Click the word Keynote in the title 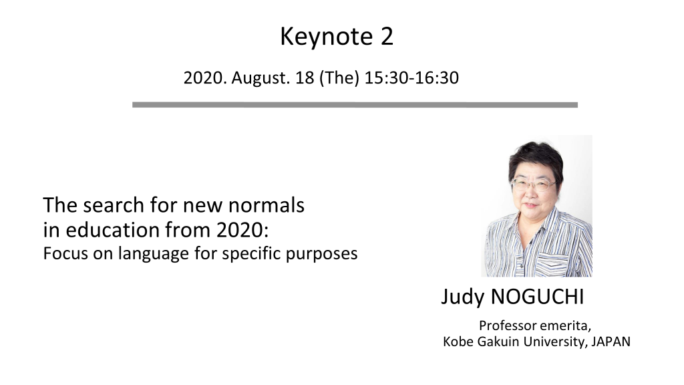(326, 37)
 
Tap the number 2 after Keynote (387, 36)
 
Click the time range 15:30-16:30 (411, 78)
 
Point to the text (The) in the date (339, 78)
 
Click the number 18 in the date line (305, 78)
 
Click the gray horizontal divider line (355, 105)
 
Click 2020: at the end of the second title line (242, 230)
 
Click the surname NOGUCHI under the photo (537, 297)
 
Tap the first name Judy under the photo (462, 297)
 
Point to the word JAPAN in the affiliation (611, 342)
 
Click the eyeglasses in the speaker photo (533, 184)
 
